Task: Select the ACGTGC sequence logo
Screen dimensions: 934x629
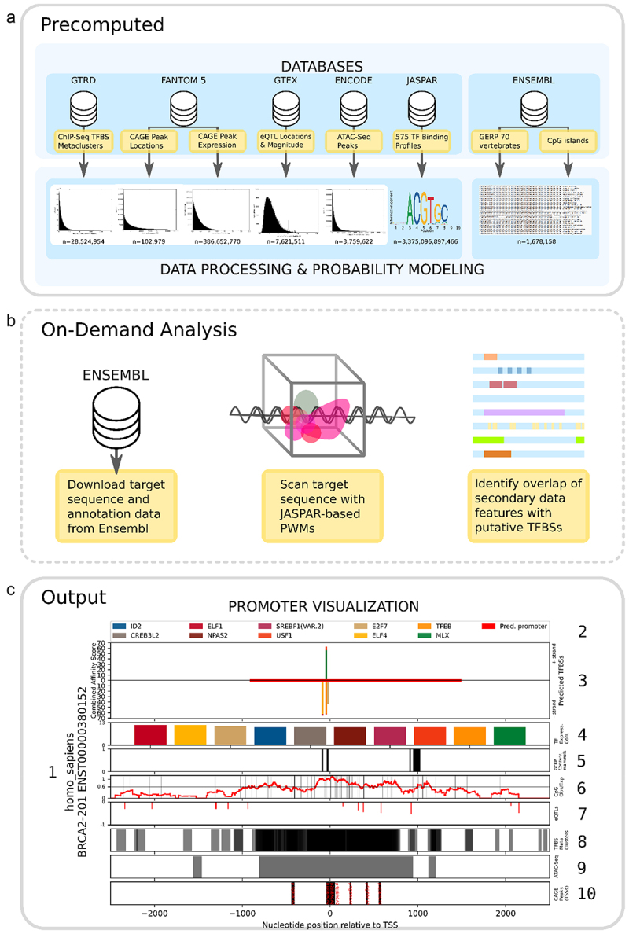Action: (425, 209)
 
